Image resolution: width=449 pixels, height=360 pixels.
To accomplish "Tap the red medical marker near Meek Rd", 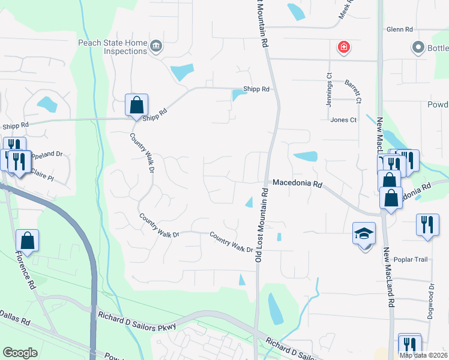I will tap(343, 47).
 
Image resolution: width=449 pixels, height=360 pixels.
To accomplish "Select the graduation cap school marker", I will tap(364, 235).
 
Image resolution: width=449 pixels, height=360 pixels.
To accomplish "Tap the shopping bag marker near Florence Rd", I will tap(27, 241).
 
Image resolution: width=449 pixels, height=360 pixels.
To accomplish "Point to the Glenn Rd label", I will tap(400, 29).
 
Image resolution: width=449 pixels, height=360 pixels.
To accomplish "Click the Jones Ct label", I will tap(343, 120).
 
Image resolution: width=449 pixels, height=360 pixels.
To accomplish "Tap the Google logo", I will tap(20, 353).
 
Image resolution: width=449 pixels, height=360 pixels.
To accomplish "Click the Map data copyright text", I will tap(423, 355).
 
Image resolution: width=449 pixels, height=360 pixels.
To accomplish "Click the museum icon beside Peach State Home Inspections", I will tap(156, 47).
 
